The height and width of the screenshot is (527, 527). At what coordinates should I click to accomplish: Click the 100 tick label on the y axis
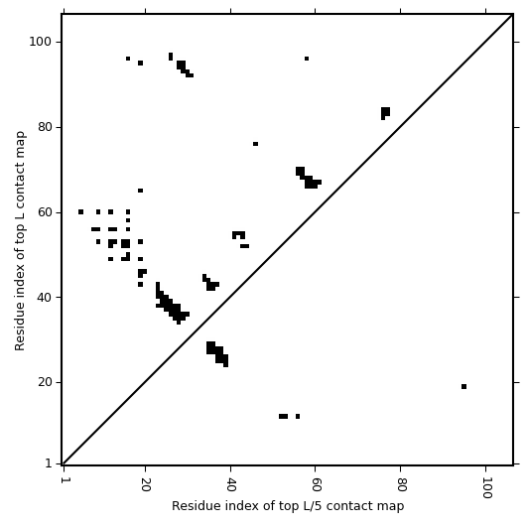[x=40, y=42]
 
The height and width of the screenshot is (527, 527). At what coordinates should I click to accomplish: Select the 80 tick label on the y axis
[x=44, y=127]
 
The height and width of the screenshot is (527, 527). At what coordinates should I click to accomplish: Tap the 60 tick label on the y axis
[x=44, y=212]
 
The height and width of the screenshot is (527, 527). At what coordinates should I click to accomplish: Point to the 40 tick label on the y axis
[x=44, y=297]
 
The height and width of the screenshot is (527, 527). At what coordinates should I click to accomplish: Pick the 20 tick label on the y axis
[x=44, y=382]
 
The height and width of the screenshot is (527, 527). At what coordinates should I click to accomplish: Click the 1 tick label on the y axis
[x=48, y=463]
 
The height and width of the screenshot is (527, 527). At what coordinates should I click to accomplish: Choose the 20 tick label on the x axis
[x=145, y=484]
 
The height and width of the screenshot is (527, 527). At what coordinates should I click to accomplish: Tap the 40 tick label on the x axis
[x=230, y=484]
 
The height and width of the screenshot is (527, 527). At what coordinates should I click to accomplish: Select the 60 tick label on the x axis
[x=316, y=484]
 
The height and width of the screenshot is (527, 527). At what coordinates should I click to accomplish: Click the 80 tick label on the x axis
[x=401, y=484]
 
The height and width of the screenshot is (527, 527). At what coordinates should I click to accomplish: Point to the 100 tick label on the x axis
[x=486, y=487]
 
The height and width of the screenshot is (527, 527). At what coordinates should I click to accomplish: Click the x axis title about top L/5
[x=288, y=506]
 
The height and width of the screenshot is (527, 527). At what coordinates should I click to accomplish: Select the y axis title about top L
[x=20, y=240]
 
